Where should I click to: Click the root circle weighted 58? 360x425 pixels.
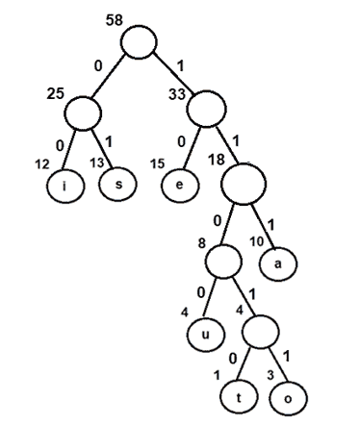139,42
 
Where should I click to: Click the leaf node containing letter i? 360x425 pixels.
64,187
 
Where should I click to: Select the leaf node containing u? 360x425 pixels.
205,335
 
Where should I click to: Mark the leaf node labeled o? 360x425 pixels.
286,394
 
